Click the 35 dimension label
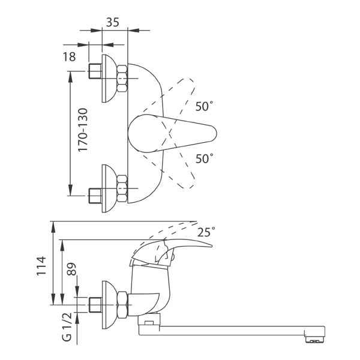coord(113,22)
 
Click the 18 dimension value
coord(70,57)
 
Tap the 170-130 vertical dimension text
coord(83,130)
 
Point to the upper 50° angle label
coord(204,106)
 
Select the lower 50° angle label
coord(204,158)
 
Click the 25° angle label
coord(206,232)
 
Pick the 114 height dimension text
coord(41,266)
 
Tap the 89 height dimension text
coord(71,269)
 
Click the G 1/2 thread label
coord(67,327)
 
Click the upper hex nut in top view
coord(122,79)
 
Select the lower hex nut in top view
coord(122,189)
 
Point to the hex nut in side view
coord(122,305)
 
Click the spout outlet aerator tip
coord(314,340)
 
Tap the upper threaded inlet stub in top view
coord(95,71)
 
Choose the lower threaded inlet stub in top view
coord(95,196)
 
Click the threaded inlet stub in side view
coord(95,305)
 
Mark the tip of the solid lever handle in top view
coord(217,133)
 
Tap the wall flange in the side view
coord(107,305)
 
